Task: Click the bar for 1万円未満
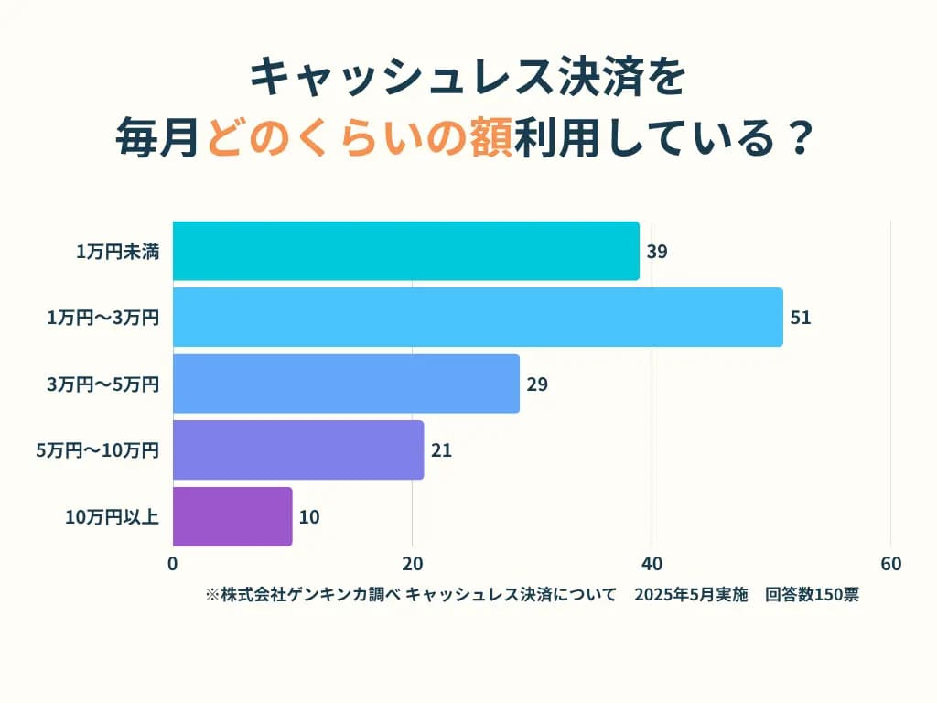point(405,251)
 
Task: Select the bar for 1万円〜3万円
point(478,318)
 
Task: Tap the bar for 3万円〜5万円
point(346,384)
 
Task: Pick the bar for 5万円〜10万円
point(298,449)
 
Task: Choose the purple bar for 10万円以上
point(232,516)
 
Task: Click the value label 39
point(656,252)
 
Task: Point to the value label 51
point(801,318)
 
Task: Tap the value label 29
point(537,384)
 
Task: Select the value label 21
point(441,450)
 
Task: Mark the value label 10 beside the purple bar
point(309,517)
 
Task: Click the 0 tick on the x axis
point(173,564)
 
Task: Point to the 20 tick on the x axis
point(413,564)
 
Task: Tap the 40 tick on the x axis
point(652,564)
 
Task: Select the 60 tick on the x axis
point(890,564)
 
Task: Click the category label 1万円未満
point(118,252)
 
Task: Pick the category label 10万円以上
point(113,517)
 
